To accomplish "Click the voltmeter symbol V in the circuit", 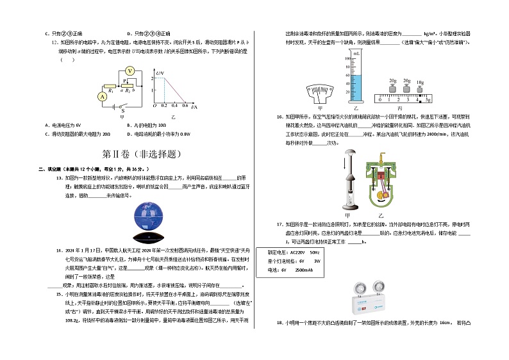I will (129, 71).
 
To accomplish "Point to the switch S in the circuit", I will (122, 108).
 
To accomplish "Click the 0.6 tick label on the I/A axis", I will (185, 106).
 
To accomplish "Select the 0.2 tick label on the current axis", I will (164, 106).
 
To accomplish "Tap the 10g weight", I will (420, 88).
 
